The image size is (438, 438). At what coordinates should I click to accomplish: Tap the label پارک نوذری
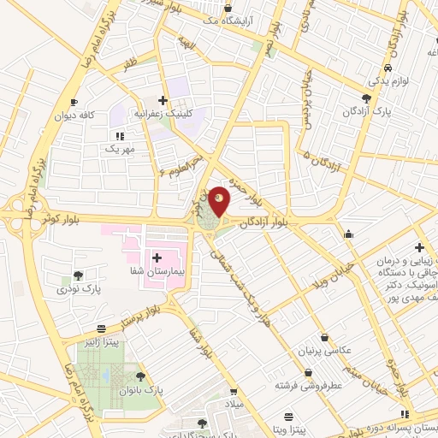pos(79,289)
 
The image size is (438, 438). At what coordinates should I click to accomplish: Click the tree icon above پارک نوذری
pos(79,275)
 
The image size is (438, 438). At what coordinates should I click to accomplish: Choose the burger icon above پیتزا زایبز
pos(104,328)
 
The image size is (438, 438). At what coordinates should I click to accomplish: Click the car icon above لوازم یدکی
pos(388,68)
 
